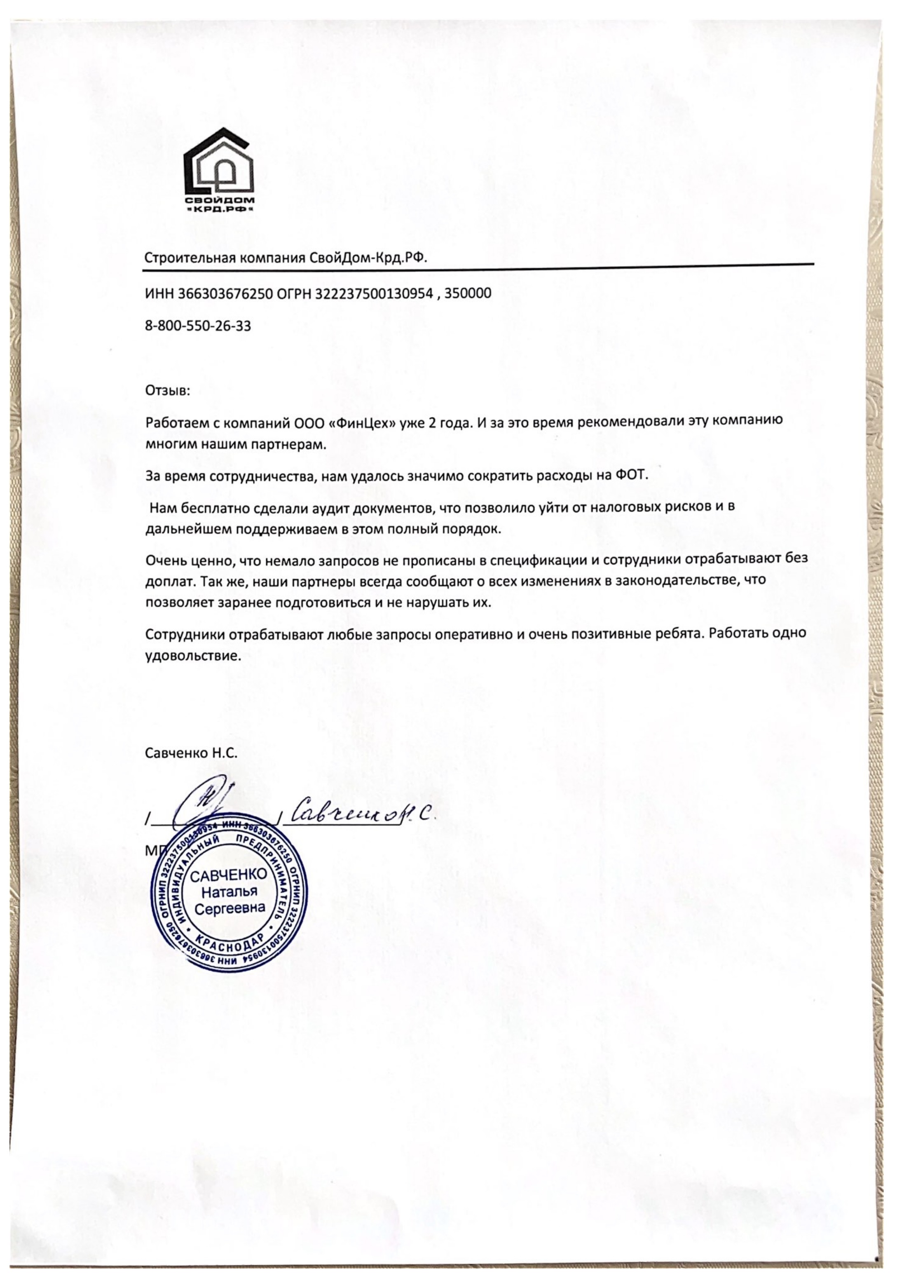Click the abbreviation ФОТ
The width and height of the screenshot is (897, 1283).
click(630, 476)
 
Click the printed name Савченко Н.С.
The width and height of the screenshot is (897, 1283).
click(191, 753)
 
